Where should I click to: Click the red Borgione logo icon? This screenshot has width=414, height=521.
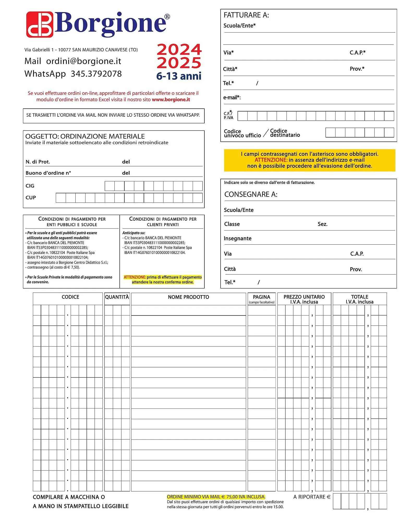pos(40,24)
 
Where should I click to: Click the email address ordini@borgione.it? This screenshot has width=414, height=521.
pos(84,61)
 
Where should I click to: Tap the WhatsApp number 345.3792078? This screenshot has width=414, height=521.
pos(96,74)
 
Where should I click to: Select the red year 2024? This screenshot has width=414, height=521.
pos(179,49)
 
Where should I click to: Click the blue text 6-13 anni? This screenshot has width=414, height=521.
pos(179,76)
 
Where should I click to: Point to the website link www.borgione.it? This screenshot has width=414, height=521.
pos(171,100)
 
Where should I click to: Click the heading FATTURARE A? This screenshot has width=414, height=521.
pos(246,15)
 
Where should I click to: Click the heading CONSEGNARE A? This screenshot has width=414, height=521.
pos(251,194)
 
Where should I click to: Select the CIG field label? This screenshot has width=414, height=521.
pos(30,186)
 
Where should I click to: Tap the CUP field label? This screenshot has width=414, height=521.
pos(31,197)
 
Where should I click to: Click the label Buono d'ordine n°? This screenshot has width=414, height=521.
pos(48,173)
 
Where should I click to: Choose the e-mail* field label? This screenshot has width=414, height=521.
pos(232,97)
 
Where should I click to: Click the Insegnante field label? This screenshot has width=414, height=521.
pos(238,238)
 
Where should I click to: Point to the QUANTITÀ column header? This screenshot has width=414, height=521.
pos(117,297)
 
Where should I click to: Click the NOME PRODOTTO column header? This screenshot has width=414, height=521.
pos(188,297)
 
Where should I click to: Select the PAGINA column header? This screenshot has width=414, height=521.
pos(261,297)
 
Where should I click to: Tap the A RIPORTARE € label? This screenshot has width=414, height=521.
pos(312,497)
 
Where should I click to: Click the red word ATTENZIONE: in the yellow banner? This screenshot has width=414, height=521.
pos(271,160)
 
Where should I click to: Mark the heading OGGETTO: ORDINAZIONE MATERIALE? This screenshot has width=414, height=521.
pos(85,136)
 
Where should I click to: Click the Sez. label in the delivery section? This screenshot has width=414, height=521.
pos(322,224)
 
